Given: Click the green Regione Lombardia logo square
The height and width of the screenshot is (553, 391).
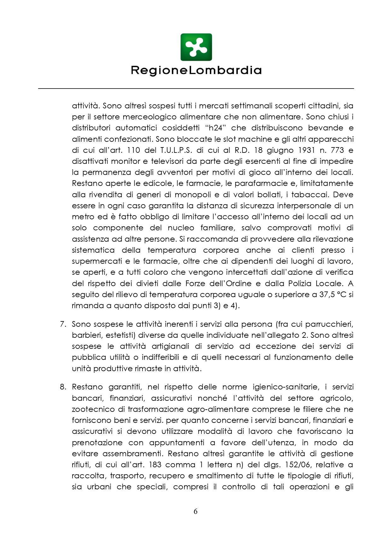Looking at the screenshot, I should (x=196, y=47).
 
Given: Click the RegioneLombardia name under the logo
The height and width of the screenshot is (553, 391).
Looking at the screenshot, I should (x=196, y=70).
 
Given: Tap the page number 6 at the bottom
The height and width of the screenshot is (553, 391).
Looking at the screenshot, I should (x=195, y=511).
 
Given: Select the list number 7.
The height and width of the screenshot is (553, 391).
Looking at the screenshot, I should (x=63, y=324).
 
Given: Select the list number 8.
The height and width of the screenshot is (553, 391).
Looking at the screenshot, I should (x=63, y=387).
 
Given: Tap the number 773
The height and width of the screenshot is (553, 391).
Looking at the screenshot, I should (x=337, y=150).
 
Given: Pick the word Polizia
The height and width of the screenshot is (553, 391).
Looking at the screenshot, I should (x=300, y=284).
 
